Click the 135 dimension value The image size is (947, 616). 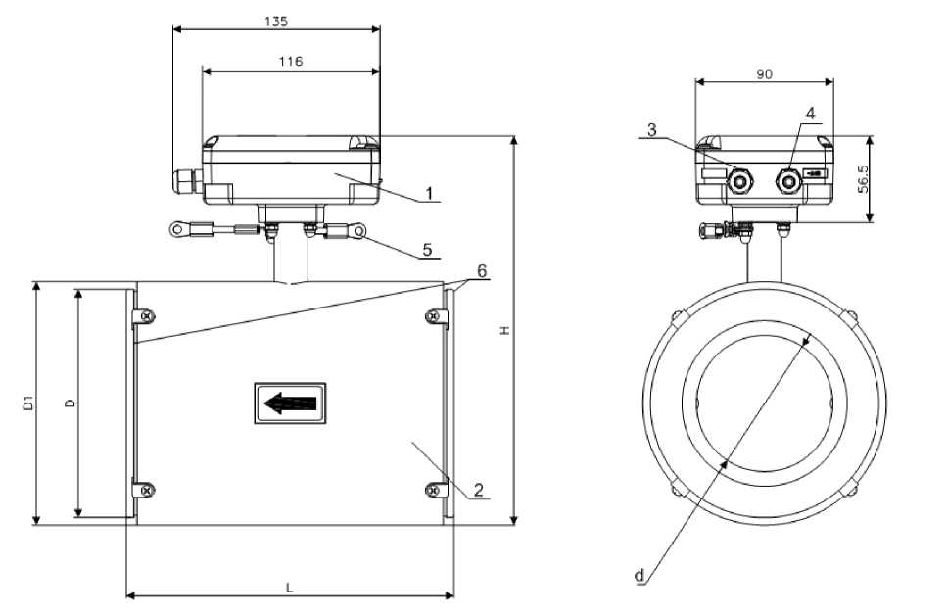click(x=276, y=20)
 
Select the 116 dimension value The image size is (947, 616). click(x=290, y=61)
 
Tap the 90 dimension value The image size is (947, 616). click(x=763, y=73)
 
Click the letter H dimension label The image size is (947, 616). click(x=504, y=331)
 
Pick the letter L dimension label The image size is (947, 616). click(x=289, y=588)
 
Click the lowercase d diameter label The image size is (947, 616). click(x=639, y=577)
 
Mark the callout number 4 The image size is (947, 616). click(x=810, y=113)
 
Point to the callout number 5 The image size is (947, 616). click(x=426, y=249)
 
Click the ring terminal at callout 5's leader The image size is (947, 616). click(x=359, y=231)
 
